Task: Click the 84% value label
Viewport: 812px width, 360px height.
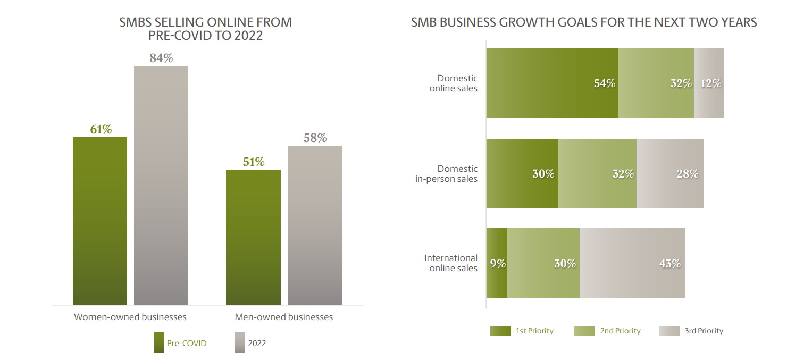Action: pyautogui.click(x=161, y=58)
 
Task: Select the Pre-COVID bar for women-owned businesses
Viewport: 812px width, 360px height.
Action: pyautogui.click(x=100, y=221)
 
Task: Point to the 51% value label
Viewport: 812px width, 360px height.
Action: pyautogui.click(x=254, y=162)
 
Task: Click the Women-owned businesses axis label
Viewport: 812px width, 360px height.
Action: pyautogui.click(x=130, y=317)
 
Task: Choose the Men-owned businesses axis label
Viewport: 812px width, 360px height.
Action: pyautogui.click(x=284, y=317)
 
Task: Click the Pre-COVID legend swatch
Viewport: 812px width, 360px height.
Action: pyautogui.click(x=159, y=343)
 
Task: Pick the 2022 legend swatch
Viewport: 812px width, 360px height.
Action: pyautogui.click(x=239, y=343)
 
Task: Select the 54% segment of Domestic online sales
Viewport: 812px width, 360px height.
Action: pyautogui.click(x=553, y=83)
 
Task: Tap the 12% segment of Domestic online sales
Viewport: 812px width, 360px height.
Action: pyautogui.click(x=709, y=83)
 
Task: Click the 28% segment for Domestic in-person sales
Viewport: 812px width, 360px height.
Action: pyautogui.click(x=670, y=173)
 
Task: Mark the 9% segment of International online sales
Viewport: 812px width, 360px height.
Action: pyautogui.click(x=497, y=263)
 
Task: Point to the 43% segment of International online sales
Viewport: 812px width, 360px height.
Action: pyautogui.click(x=632, y=263)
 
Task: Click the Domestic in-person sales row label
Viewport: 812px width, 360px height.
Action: pyautogui.click(x=446, y=174)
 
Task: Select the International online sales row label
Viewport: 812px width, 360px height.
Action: pyautogui.click(x=451, y=263)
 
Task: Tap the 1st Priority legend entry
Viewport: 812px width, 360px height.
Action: pyautogui.click(x=522, y=331)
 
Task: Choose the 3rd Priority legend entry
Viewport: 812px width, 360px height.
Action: pyautogui.click(x=691, y=331)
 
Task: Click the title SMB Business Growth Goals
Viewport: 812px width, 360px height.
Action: pyautogui.click(x=584, y=22)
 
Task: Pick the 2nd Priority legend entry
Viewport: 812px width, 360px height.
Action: pyautogui.click(x=607, y=331)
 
